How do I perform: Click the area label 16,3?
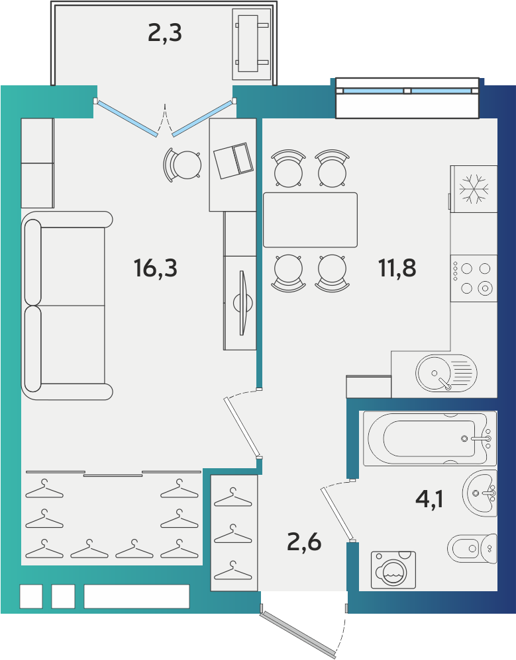pyautogui.click(x=156, y=268)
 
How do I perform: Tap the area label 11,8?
pyautogui.click(x=397, y=268)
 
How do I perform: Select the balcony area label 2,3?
pyautogui.click(x=165, y=33)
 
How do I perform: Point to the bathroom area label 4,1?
pyautogui.click(x=429, y=499)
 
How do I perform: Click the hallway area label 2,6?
pyautogui.click(x=304, y=542)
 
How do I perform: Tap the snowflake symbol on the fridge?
pyautogui.click(x=474, y=188)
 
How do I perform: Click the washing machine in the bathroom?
pyautogui.click(x=393, y=569)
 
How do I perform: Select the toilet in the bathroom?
pyautogui.click(x=472, y=548)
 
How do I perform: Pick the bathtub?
pyautogui.click(x=430, y=438)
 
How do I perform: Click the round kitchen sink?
pyautogui.click(x=446, y=373)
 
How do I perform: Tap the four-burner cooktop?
pyautogui.click(x=474, y=278)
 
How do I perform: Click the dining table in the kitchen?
pyautogui.click(x=310, y=220)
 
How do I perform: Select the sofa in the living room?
pyautogui.click(x=67, y=306)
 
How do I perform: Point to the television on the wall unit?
pyautogui.click(x=242, y=303)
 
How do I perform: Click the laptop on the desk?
pyautogui.click(x=233, y=161)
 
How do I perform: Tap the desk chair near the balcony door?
pyautogui.click(x=182, y=165)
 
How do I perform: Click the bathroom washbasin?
pyautogui.click(x=480, y=493)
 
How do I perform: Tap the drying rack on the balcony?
pyautogui.click(x=252, y=44)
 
